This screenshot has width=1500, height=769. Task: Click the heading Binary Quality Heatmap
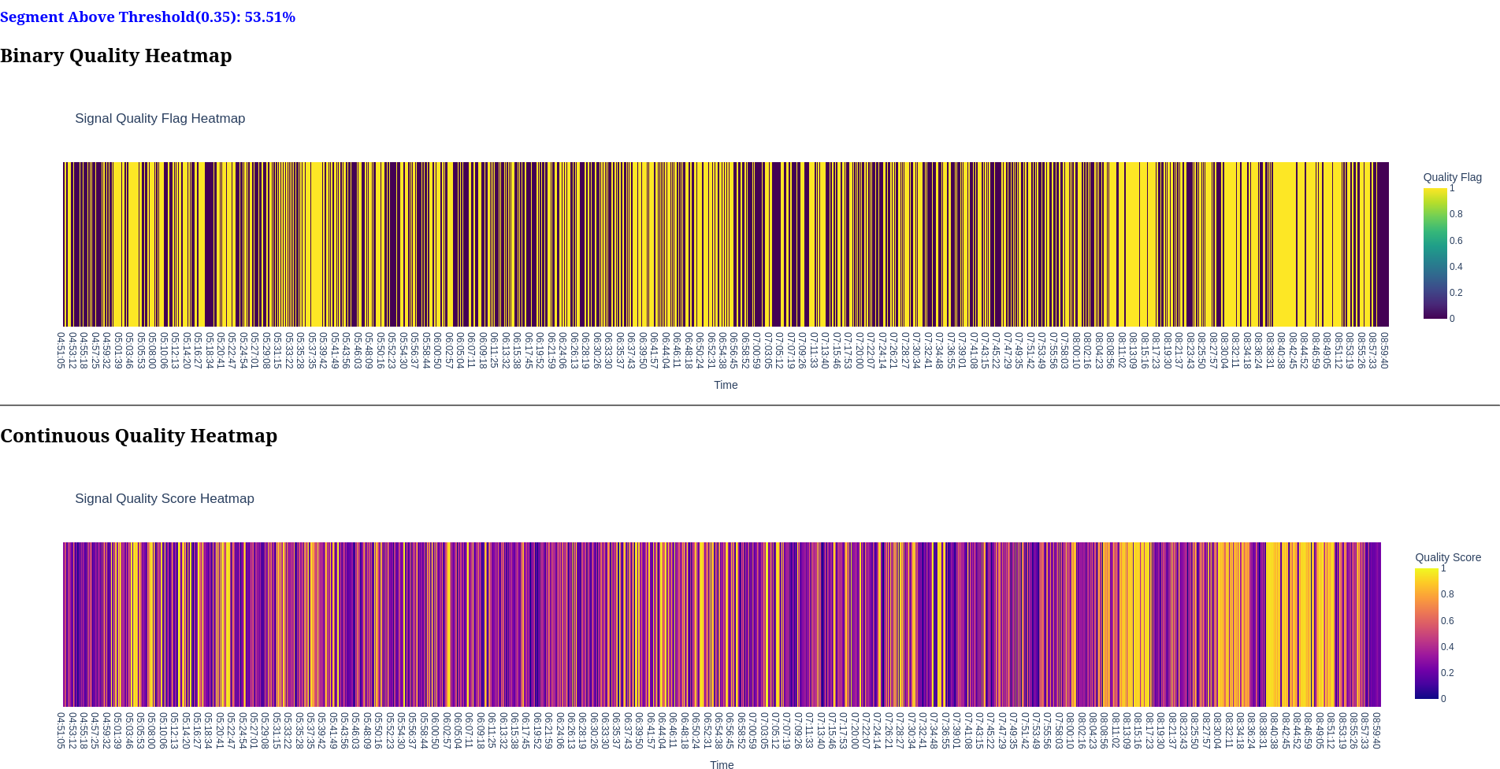[116, 56]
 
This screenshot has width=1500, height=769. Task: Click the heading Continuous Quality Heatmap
[139, 436]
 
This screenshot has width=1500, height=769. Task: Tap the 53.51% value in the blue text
[269, 17]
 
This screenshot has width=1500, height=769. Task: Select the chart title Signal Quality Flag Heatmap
[160, 119]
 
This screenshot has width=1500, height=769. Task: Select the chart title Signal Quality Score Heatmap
[165, 499]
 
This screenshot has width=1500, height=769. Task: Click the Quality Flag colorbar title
[1452, 177]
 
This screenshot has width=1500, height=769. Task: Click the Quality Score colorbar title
[1447, 557]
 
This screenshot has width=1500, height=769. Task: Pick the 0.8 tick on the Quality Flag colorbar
[1456, 214]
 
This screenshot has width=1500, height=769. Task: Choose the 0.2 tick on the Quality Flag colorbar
[1456, 293]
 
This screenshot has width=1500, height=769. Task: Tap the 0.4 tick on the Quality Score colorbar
[1447, 647]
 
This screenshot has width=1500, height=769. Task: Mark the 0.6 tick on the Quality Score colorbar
[1447, 621]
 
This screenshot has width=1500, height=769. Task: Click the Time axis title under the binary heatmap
[726, 385]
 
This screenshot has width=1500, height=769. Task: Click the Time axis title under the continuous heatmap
[722, 764]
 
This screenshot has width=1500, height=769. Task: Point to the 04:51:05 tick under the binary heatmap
[61, 350]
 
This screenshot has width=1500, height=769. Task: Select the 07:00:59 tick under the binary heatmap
[756, 350]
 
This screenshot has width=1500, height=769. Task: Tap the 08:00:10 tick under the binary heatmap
[1075, 350]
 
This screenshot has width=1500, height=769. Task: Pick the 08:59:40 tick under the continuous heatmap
[1376, 730]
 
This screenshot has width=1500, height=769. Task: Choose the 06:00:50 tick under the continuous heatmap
[435, 730]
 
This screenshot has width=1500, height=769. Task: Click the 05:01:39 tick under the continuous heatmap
[117, 730]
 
